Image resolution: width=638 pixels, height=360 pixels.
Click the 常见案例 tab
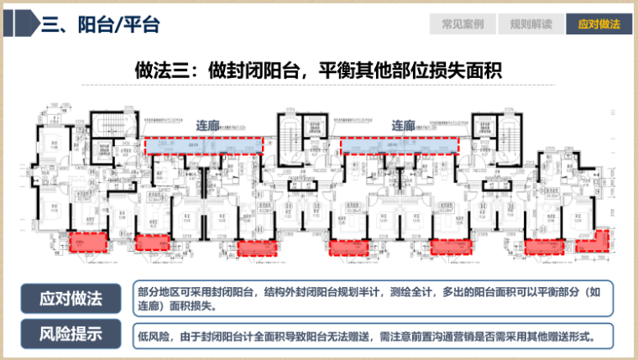click(x=463, y=24)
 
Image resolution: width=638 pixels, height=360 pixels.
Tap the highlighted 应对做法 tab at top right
click(x=599, y=24)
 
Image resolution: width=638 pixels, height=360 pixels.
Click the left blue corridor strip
click(x=203, y=146)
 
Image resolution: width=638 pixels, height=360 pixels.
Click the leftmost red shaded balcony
click(x=88, y=241)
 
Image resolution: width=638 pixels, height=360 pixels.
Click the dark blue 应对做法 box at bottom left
click(x=71, y=298)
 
